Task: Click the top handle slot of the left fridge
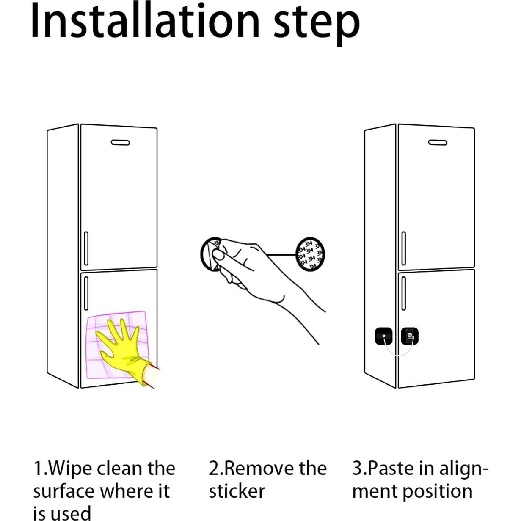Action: (120, 143)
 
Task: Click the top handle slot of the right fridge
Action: (438, 143)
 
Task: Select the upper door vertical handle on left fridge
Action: (86, 248)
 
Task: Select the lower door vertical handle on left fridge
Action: (86, 293)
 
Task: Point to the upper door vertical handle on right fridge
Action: (403, 248)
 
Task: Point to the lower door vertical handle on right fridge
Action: (403, 293)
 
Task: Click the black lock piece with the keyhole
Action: (409, 336)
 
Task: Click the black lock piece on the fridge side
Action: (383, 337)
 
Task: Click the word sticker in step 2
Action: (237, 491)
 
